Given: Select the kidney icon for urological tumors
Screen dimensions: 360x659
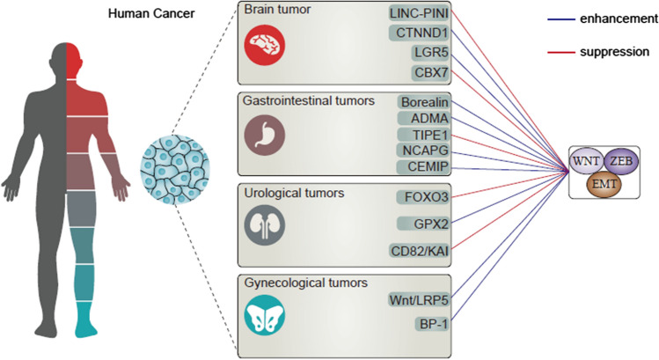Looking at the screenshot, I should [266, 225].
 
